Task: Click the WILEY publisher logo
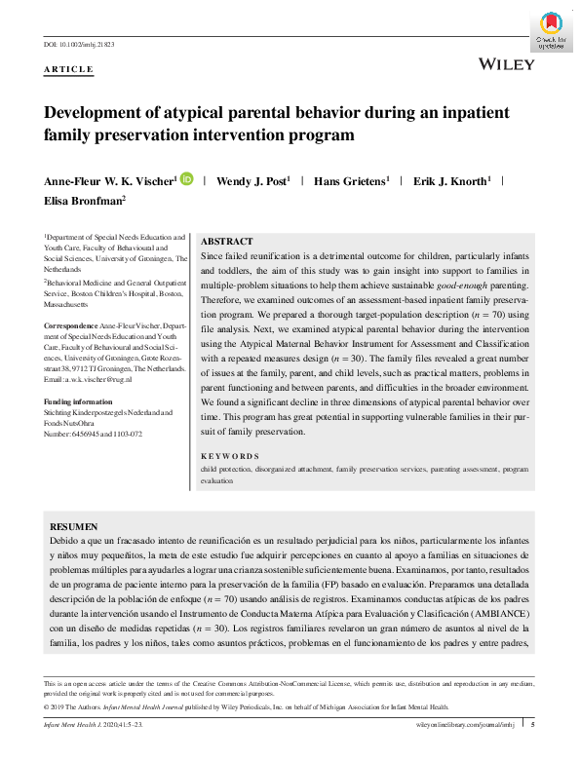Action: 508,64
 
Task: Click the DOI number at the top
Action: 81,45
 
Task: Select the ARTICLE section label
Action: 69,70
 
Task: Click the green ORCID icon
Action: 186,179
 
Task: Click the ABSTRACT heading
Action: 226,241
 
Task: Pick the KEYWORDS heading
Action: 230,456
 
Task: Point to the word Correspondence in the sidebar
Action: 70,324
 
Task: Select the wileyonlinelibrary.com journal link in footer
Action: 463,724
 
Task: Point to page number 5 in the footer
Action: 532,724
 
